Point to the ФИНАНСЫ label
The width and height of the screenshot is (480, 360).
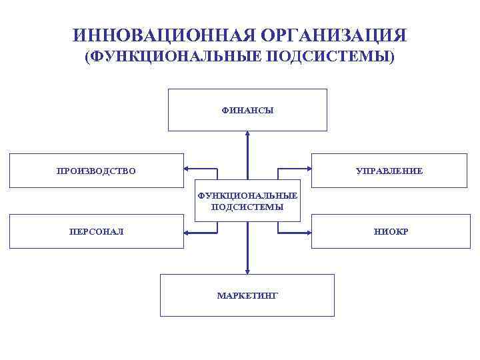click(247, 111)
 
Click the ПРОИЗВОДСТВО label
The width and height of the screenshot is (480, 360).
click(96, 171)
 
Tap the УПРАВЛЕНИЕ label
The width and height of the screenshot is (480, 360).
click(389, 171)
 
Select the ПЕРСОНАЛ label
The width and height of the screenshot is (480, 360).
click(96, 232)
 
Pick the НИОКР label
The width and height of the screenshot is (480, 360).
click(391, 232)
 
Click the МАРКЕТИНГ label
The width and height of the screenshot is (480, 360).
click(247, 295)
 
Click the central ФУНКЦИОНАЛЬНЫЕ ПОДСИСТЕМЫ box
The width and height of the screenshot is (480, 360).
click(247, 201)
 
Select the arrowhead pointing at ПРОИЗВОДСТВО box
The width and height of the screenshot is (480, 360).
click(188, 168)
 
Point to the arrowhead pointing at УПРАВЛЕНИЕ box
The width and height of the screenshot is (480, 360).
click(307, 168)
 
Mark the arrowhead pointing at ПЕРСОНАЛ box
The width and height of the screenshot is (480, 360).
click(188, 233)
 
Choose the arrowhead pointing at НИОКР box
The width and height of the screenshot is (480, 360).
click(307, 233)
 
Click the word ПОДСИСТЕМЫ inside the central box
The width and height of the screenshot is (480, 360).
click(247, 207)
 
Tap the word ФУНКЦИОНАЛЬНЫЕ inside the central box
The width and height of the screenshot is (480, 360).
click(247, 196)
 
